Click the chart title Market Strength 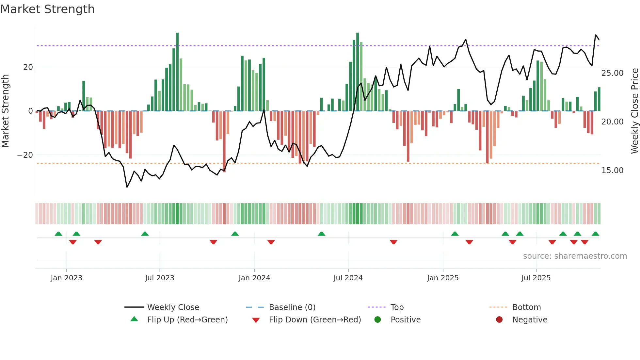[47, 9]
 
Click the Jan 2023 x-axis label [66, 278]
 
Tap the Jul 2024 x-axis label [348, 278]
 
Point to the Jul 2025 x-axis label [536, 278]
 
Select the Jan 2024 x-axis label [254, 278]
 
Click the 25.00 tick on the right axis [612, 73]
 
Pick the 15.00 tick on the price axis [612, 171]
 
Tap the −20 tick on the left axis [25, 155]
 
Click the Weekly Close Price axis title [634, 111]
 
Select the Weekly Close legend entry [173, 307]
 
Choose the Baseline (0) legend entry [292, 307]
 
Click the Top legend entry [397, 307]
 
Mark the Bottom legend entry [526, 307]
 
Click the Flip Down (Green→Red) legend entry [315, 320]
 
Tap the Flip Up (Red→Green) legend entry [187, 320]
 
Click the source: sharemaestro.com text [575, 256]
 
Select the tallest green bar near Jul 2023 [177, 72]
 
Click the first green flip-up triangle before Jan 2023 [58, 234]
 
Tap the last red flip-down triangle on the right [585, 242]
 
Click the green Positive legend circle [377, 320]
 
